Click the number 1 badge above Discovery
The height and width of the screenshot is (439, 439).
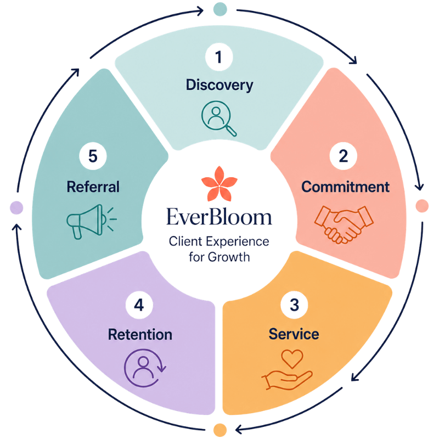coord(219,57)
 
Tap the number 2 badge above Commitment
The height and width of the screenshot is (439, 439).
coord(344,156)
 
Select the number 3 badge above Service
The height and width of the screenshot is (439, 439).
coord(294,305)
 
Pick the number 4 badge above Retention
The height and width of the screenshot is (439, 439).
coord(139,305)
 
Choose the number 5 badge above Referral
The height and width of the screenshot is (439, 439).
coord(93,156)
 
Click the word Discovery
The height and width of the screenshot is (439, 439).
coord(219,85)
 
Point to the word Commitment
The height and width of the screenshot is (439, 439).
coord(345,187)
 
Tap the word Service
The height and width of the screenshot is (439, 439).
coord(294,334)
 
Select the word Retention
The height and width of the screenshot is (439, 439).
coord(140,335)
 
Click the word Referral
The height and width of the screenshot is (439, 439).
coord(93,187)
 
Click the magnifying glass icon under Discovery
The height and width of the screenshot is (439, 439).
coord(218,118)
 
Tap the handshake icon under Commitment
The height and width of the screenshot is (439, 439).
coord(344,224)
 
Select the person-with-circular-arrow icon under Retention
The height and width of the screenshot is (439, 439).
coord(145,368)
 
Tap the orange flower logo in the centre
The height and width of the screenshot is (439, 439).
coord(219,184)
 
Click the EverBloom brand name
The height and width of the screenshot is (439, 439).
coord(219,217)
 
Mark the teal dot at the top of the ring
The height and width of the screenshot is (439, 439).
coord(220,9)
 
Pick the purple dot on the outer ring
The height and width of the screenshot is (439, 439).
coord(16,207)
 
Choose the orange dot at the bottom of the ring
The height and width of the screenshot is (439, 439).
coord(220,430)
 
